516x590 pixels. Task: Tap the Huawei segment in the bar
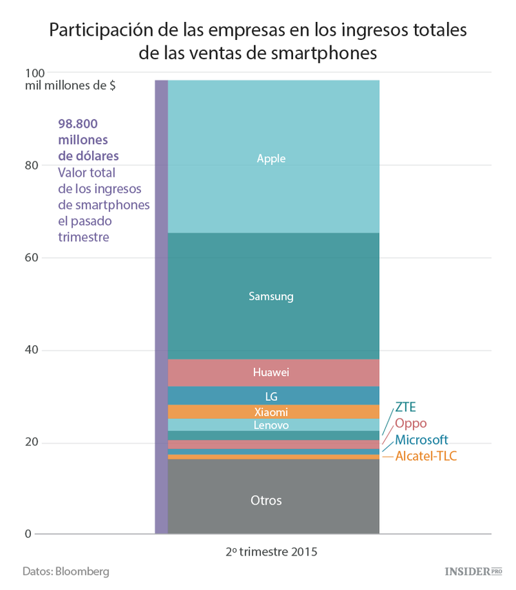coord(273,373)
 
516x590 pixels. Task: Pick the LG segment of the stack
coord(273,396)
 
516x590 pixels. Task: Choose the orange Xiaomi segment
coord(273,412)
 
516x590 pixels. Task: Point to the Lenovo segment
coord(273,426)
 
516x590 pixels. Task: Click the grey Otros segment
coord(273,500)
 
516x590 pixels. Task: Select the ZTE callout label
coord(405,406)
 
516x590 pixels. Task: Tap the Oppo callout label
coord(411,423)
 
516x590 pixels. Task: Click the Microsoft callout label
coord(422,439)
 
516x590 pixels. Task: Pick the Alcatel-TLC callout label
coord(426,456)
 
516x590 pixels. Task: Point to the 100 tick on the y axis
coord(34,73)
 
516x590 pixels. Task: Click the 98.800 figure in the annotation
coord(78,124)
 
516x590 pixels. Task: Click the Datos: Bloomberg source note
coord(65,571)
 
